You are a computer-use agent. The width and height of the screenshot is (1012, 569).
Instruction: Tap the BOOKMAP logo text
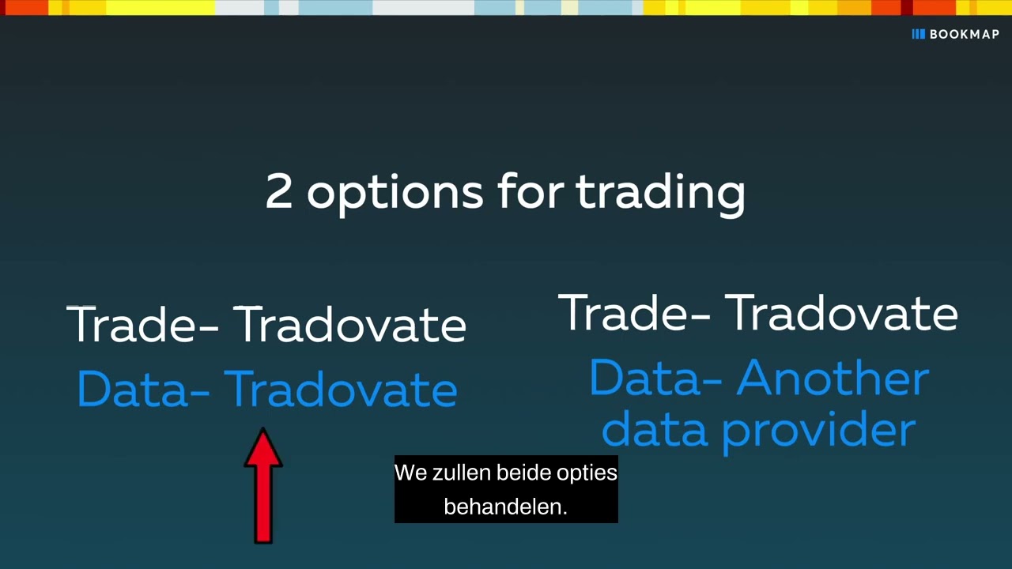click(964, 34)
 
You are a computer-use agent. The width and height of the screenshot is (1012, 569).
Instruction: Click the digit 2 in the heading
click(279, 192)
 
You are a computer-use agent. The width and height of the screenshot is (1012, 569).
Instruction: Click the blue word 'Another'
click(833, 379)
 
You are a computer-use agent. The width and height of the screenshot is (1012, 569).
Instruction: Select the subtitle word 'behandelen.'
click(506, 507)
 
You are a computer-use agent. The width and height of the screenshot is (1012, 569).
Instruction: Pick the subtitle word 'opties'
click(587, 473)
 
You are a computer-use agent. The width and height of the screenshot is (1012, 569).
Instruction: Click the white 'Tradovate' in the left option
click(350, 325)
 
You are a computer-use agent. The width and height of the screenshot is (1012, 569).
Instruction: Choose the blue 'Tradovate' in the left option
click(341, 390)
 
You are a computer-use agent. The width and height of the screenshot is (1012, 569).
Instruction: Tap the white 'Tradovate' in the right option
click(841, 313)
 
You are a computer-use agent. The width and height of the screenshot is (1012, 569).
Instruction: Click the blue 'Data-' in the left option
click(143, 390)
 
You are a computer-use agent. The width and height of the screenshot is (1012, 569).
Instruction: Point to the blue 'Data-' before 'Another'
click(655, 379)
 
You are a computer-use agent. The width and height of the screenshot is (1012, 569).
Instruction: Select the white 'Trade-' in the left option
click(142, 325)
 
